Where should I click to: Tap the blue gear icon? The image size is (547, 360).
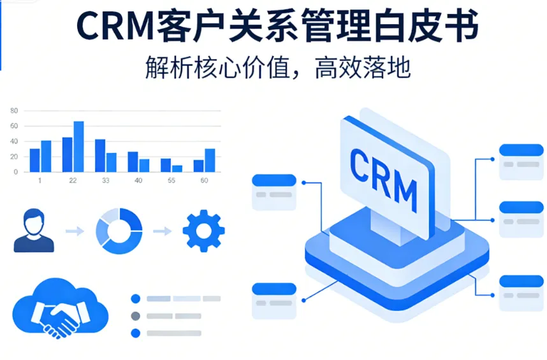[x=203, y=231]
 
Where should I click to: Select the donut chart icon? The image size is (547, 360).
[x=119, y=231]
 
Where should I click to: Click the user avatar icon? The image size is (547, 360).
[x=34, y=231]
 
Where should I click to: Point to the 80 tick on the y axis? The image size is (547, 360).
[x=14, y=111]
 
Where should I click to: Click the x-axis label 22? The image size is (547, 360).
[x=73, y=180]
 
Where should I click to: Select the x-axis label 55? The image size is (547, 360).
[x=171, y=180]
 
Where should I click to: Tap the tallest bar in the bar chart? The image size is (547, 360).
[x=78, y=147]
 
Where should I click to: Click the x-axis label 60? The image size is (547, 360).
[x=204, y=180]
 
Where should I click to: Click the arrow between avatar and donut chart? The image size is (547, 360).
[x=75, y=231]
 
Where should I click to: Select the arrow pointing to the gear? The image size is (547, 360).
[x=162, y=231]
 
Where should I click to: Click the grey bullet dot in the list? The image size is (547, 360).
[x=135, y=315]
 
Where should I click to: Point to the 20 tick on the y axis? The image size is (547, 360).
[x=14, y=157]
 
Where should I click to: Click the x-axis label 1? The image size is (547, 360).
[x=40, y=180]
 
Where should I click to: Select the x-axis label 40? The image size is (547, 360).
[x=138, y=180]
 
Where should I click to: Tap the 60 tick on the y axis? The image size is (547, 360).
[x=14, y=126]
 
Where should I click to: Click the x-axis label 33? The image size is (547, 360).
[x=105, y=180]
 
